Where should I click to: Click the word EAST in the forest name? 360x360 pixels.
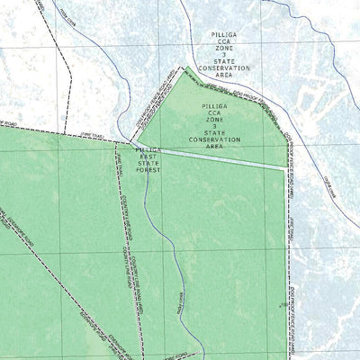[x=148, y=156]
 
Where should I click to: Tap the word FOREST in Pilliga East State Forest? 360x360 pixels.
[x=148, y=169]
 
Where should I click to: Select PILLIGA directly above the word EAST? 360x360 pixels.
[x=148, y=149]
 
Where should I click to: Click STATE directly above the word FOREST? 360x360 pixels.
[x=148, y=162]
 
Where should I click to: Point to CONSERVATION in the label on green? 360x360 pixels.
[x=215, y=139]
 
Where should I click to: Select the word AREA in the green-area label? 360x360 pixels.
[x=215, y=146]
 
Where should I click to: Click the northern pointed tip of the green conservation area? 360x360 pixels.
[x=185, y=67]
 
